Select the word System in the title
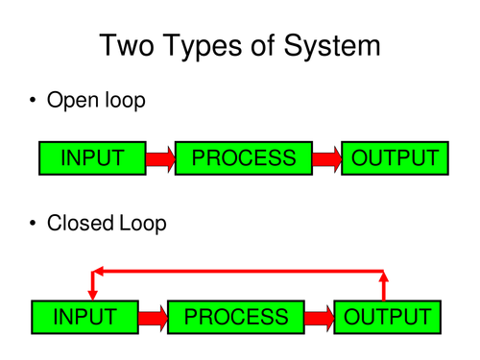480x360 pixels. pos(332,45)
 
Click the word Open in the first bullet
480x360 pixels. pos(71,100)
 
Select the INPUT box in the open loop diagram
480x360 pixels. pos(92,158)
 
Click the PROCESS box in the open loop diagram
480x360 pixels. pos(244,158)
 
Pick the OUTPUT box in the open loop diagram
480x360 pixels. pos(395,158)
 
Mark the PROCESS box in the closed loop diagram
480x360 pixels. pos(235,316)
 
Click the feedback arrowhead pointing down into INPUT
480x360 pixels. pos(93,291)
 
